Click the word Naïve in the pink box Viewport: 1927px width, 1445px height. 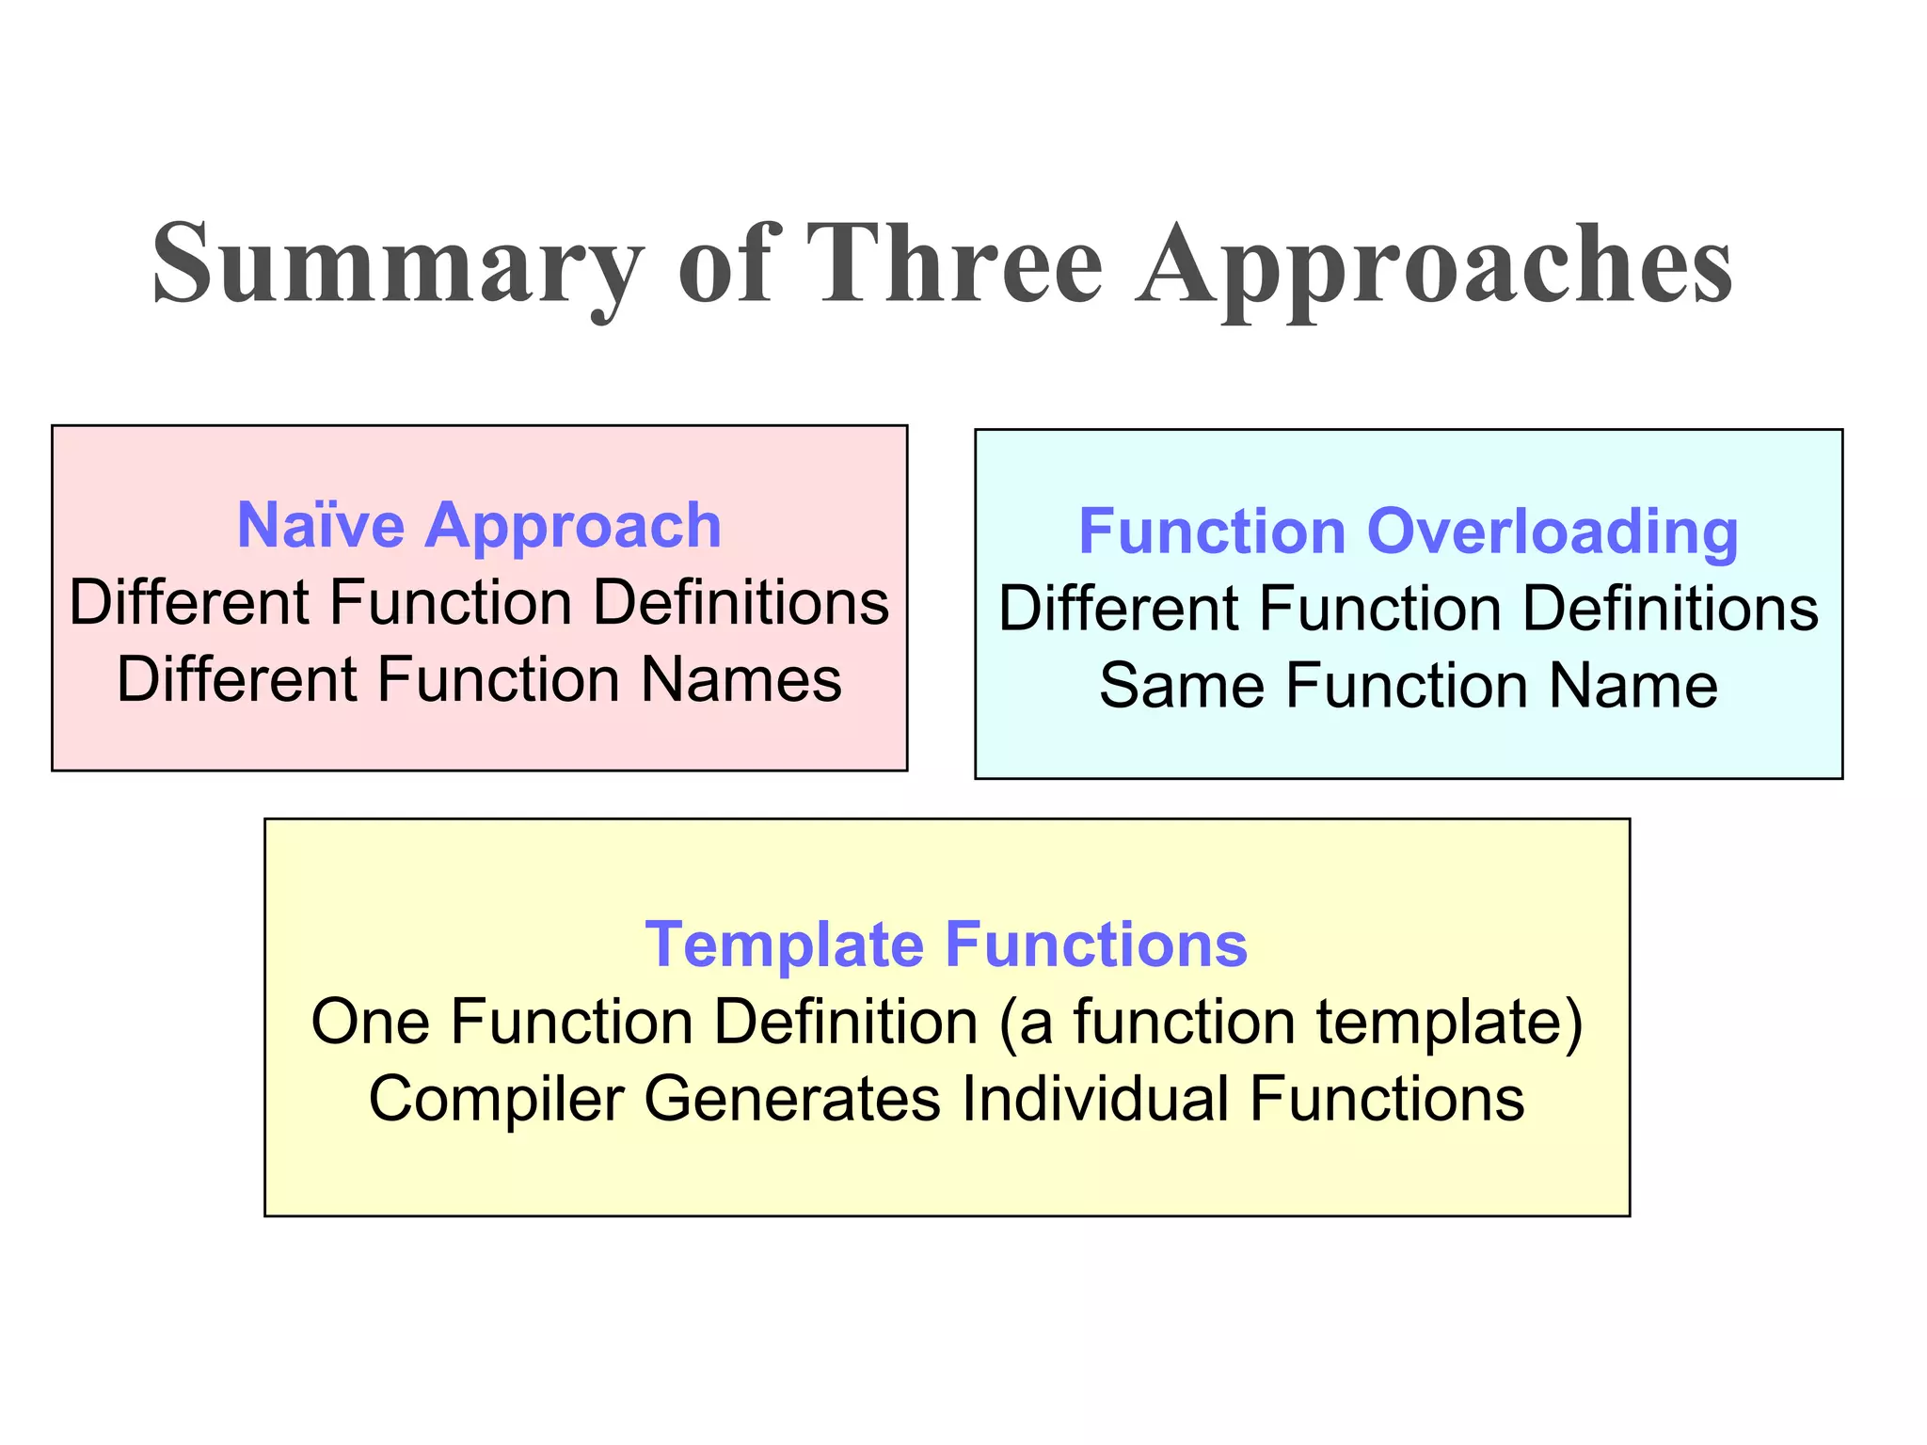pos(321,525)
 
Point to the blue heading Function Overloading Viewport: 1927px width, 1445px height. pos(1408,532)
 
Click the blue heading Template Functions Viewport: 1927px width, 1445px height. pos(947,944)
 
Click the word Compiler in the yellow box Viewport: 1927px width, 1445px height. pos(497,1099)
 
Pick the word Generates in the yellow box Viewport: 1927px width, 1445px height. pos(791,1099)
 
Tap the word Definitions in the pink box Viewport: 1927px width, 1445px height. pos(741,602)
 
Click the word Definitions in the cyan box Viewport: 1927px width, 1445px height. pos(1670,608)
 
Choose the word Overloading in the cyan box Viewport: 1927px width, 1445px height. pos(1552,532)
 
